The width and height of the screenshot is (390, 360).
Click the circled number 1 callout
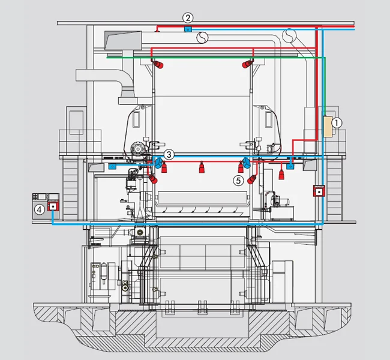pyautogui.click(x=337, y=123)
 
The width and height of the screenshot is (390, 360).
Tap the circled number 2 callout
pyautogui.click(x=188, y=17)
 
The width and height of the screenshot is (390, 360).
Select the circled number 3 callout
pyautogui.click(x=169, y=154)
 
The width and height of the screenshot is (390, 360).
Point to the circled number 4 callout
pyautogui.click(x=39, y=209)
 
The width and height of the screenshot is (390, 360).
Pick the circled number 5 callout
pyautogui.click(x=238, y=181)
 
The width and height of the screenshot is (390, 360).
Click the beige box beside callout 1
pyautogui.click(x=328, y=127)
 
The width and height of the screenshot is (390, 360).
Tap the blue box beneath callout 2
pyautogui.click(x=188, y=29)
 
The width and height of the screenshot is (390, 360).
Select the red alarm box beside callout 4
pyautogui.click(x=53, y=206)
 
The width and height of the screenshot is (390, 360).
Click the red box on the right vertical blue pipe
pyautogui.click(x=319, y=191)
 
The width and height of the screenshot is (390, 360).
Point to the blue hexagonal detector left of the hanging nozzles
pyautogui.click(x=158, y=163)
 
